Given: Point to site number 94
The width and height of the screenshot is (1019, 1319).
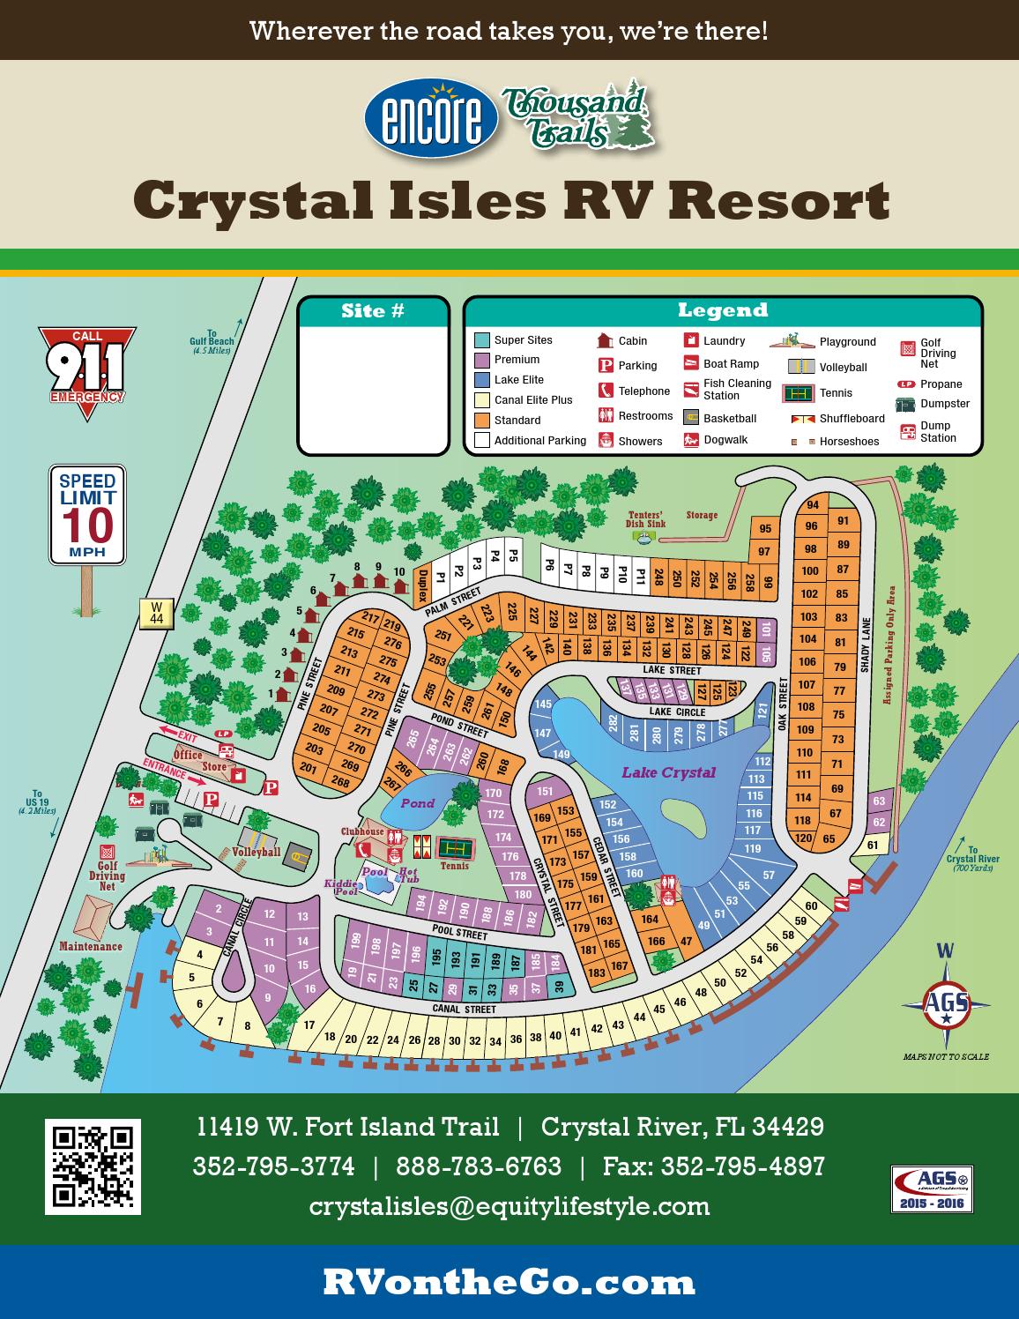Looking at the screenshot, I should click(x=813, y=505).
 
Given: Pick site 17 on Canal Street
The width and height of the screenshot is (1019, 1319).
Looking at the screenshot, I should click(x=309, y=1025).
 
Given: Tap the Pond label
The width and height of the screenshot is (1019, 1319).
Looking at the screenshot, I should click(x=418, y=803).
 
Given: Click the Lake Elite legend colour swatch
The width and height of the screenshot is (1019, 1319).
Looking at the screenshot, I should click(x=481, y=380).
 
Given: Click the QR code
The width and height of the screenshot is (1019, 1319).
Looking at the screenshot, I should click(x=93, y=1166).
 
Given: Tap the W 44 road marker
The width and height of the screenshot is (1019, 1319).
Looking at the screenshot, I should click(x=156, y=613).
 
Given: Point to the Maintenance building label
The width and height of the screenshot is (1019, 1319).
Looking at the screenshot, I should click(x=91, y=946).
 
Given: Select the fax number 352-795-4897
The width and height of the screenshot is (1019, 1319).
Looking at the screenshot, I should click(x=714, y=1166).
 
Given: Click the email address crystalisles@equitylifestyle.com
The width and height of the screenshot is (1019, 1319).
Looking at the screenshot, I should click(x=509, y=1205).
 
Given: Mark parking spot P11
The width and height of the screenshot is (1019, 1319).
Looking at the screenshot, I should click(x=641, y=576).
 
